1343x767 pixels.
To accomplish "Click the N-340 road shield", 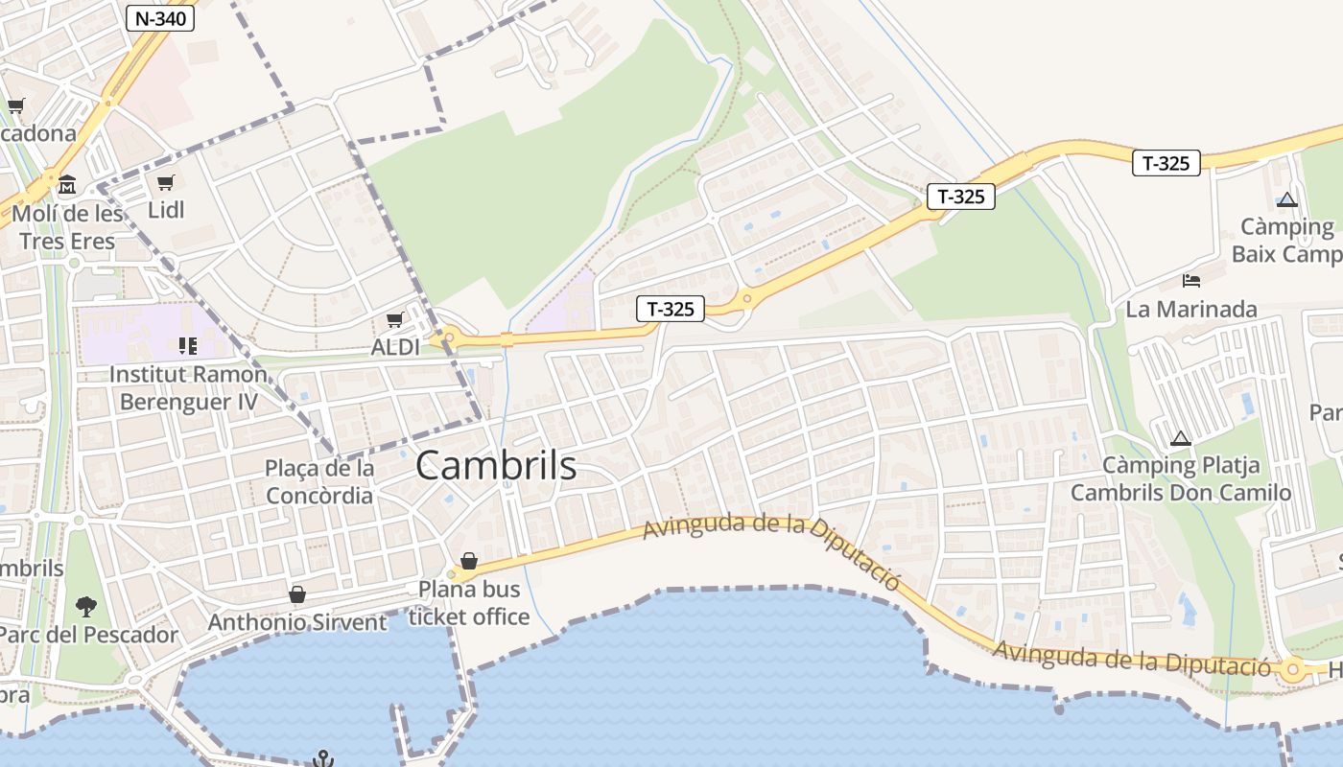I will pos(161,17).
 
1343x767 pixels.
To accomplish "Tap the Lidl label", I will pos(166,209).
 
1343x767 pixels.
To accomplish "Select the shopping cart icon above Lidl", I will pos(166,182).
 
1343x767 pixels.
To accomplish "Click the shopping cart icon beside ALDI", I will pos(394,319).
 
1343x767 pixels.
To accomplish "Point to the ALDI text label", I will pos(395,347).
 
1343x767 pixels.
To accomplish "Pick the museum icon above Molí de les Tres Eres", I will pos(67,183).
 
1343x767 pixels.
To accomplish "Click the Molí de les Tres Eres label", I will pos(67,226).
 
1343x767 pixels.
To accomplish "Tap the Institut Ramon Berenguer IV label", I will pos(188,387).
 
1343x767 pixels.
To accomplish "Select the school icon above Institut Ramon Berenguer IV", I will pos(187,345).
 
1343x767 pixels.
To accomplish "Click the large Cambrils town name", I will pos(496,466).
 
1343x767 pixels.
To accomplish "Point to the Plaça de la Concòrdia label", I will pos(319,482).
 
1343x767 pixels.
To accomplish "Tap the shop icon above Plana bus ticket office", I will pos(469,561).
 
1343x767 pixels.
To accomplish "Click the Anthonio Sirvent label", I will pos(297,622).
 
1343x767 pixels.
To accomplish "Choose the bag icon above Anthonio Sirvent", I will pos(297,595).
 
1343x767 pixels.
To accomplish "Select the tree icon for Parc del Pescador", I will pos(86,606).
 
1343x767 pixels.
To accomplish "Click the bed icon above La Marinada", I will pos(1191,281).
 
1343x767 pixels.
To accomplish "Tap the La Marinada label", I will pos(1191,309).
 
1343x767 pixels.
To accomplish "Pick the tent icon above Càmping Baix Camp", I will pos(1287,199).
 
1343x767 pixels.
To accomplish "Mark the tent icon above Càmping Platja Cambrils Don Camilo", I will pos(1181,438).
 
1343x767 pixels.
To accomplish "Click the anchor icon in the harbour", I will pos(324,758).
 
